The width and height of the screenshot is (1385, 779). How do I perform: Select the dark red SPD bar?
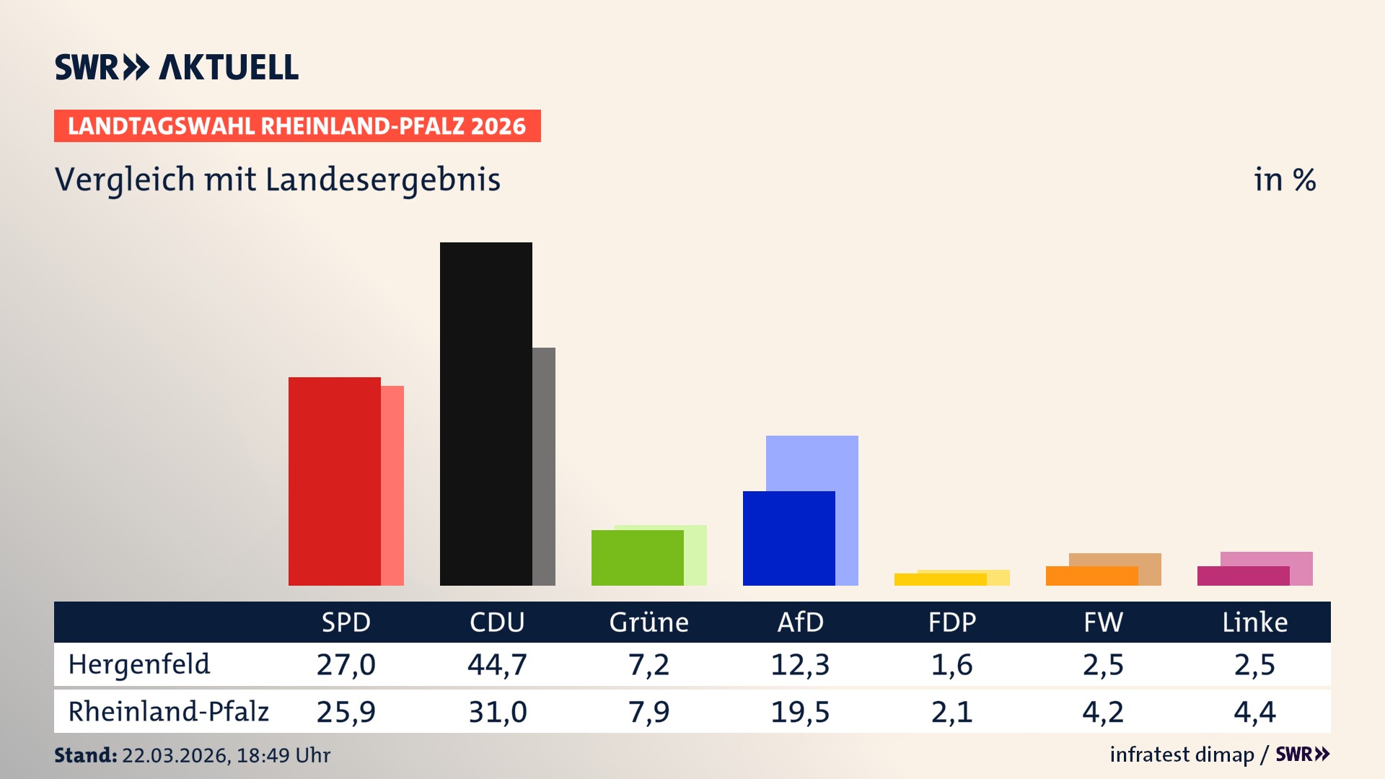334,481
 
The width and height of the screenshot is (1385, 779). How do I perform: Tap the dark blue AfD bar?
788,538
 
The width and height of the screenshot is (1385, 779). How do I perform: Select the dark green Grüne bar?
637,558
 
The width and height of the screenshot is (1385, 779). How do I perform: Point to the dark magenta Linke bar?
1243,576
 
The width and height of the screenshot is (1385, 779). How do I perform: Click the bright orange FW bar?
1091,576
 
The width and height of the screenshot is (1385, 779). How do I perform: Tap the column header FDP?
951,622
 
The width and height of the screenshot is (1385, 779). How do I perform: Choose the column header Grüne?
648,622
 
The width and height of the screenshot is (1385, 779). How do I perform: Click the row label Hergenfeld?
139,664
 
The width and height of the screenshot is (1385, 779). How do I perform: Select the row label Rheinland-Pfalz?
168,711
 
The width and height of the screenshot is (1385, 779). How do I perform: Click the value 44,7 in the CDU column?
497,664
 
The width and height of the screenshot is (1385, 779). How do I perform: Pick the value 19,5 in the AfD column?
800,712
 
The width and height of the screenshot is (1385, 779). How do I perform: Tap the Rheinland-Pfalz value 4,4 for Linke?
1254,712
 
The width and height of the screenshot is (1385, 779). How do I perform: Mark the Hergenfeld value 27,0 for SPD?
346,664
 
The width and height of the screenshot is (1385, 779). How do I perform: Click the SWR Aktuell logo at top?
177,67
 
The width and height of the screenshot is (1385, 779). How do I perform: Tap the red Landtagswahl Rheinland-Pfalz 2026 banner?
297,126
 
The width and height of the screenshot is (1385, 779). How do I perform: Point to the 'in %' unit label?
1284,180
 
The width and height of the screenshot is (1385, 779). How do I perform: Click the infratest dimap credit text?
1182,754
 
